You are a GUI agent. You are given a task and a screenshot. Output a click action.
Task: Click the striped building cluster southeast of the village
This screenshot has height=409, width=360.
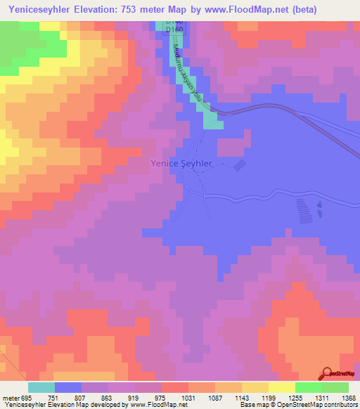point(302,209)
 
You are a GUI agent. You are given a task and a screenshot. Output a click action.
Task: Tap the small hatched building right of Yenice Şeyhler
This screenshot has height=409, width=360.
point(240,166)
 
